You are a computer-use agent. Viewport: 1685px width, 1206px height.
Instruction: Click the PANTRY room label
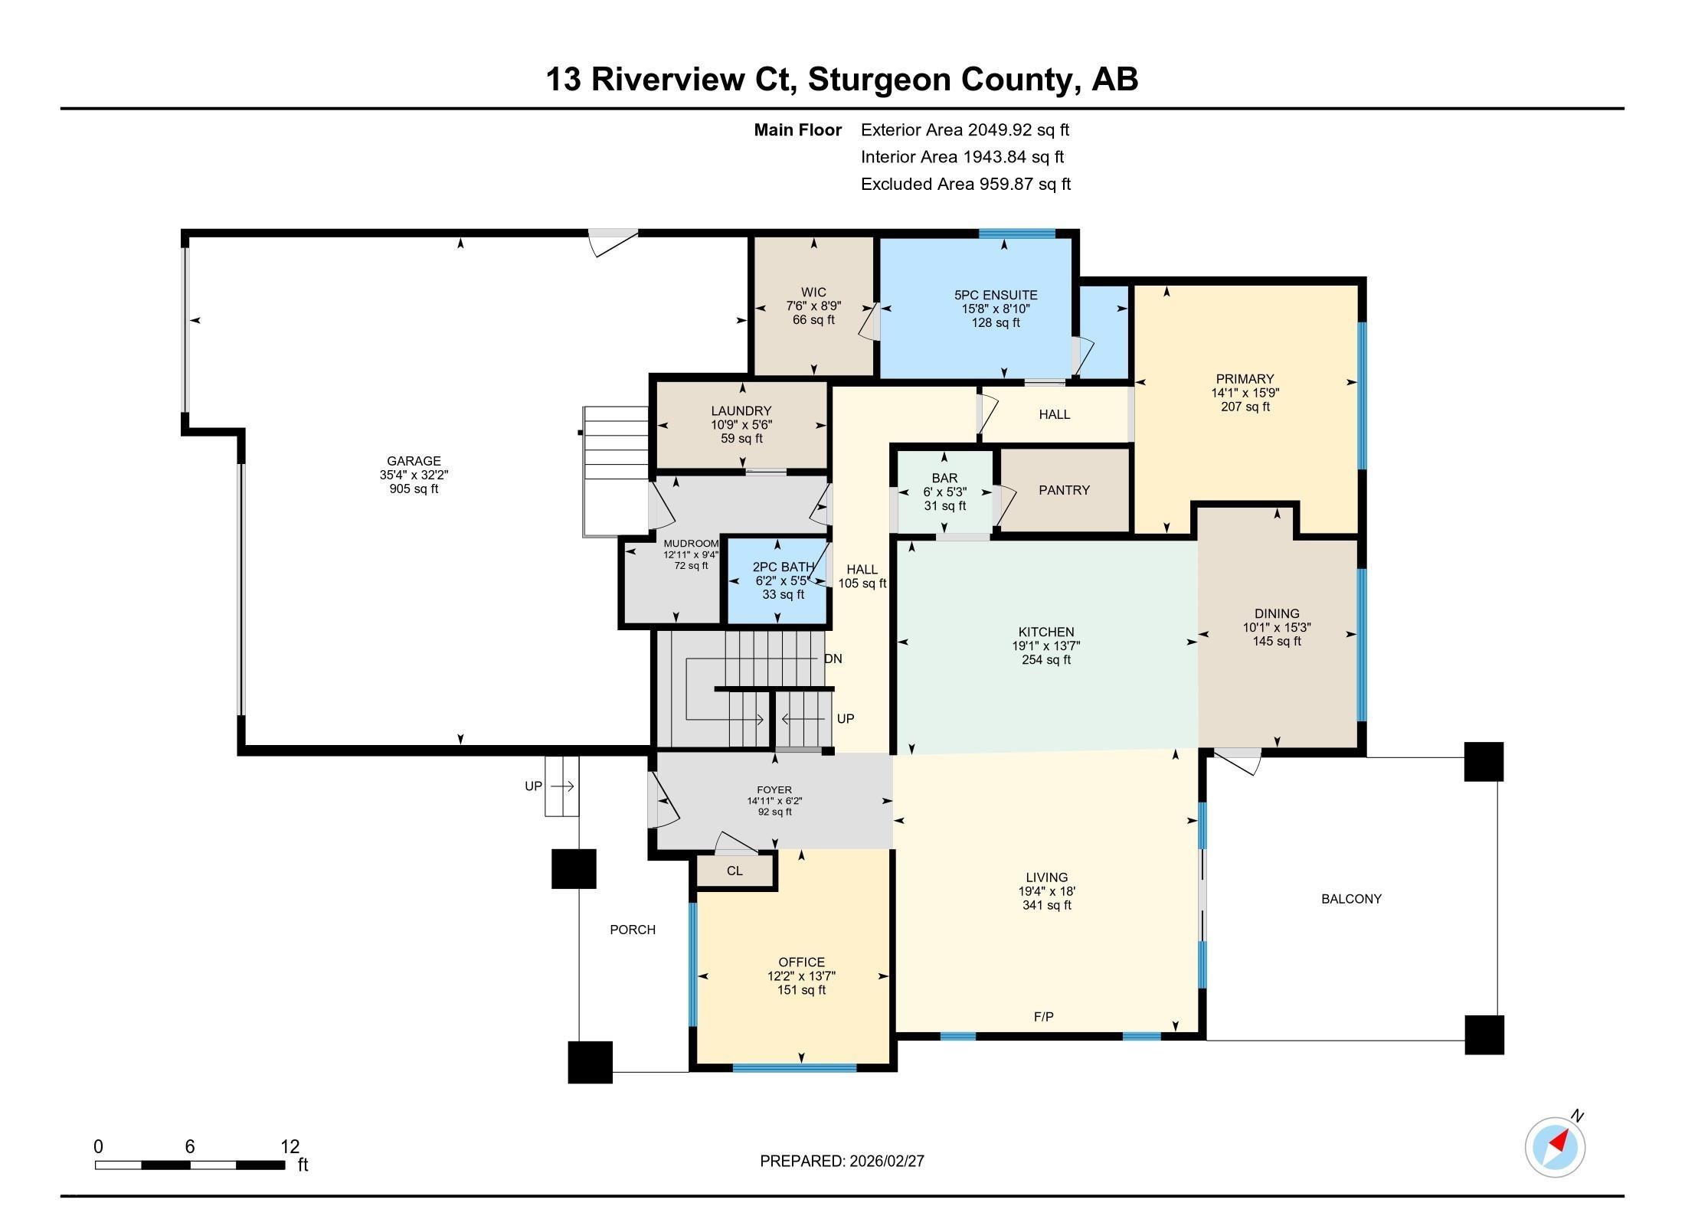(x=1064, y=490)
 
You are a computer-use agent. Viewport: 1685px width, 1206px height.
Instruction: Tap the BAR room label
(x=944, y=478)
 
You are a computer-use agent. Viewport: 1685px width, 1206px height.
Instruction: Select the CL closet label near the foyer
(x=735, y=871)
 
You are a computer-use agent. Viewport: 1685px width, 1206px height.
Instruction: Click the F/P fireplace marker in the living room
(x=1044, y=1017)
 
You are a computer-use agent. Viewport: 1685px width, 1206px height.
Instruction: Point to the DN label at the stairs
(x=833, y=659)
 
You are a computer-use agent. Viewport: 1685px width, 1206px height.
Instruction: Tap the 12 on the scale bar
(x=290, y=1146)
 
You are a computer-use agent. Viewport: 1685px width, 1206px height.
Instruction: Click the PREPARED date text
(x=842, y=1161)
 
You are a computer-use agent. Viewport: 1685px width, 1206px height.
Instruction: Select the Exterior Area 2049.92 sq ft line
(x=964, y=129)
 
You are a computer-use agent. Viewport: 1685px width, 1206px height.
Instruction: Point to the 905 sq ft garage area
(x=414, y=489)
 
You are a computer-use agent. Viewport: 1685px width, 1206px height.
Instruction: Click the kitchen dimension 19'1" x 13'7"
(x=1046, y=645)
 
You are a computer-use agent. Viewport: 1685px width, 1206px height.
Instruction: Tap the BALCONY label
(x=1351, y=899)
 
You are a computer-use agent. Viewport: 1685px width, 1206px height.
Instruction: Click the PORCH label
(x=633, y=930)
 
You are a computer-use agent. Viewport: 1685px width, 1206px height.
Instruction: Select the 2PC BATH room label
(x=783, y=567)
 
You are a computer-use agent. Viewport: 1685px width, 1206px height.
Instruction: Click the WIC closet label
(x=813, y=292)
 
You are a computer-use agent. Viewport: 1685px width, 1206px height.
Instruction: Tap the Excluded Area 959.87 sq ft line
(x=965, y=184)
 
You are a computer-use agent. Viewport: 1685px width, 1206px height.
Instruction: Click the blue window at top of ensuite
(x=1016, y=234)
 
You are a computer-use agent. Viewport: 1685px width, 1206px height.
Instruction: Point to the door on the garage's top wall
(x=613, y=240)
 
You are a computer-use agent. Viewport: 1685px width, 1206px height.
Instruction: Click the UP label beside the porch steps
(x=533, y=786)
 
